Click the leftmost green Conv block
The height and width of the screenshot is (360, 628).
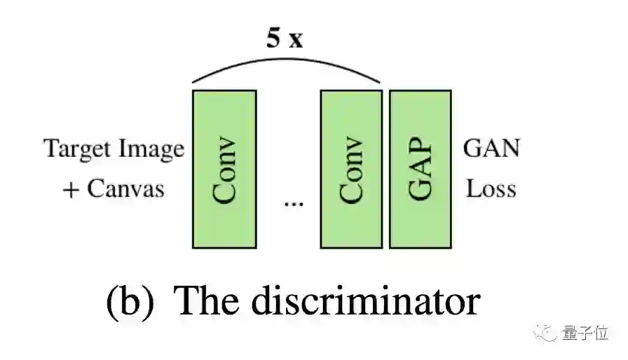pyautogui.click(x=224, y=169)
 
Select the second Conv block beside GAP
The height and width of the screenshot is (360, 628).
pyautogui.click(x=351, y=169)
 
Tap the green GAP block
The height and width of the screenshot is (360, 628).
pyautogui.click(x=420, y=169)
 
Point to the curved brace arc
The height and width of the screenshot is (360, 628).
pyautogui.click(x=286, y=62)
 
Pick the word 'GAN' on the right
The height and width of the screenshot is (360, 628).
pyautogui.click(x=492, y=148)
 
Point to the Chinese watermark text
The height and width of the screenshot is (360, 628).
pyautogui.click(x=584, y=334)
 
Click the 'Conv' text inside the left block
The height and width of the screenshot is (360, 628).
pyautogui.click(x=224, y=172)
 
